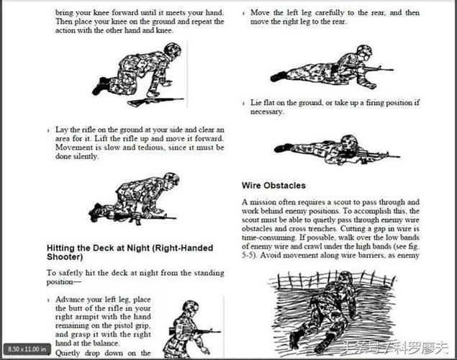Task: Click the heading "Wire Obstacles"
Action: (273, 185)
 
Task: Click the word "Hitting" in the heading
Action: (61, 248)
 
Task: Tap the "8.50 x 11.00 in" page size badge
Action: (27, 349)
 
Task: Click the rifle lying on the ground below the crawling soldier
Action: (155, 101)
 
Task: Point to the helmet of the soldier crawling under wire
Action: (345, 277)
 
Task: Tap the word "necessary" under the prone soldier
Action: (267, 112)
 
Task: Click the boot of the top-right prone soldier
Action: (278, 76)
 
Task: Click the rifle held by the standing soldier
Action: (195, 331)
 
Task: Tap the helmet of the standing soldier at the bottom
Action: (190, 306)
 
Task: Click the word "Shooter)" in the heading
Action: (65, 257)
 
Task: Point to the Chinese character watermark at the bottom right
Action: (396, 348)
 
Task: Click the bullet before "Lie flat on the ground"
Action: (243, 104)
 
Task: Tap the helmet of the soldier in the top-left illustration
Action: (172, 49)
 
